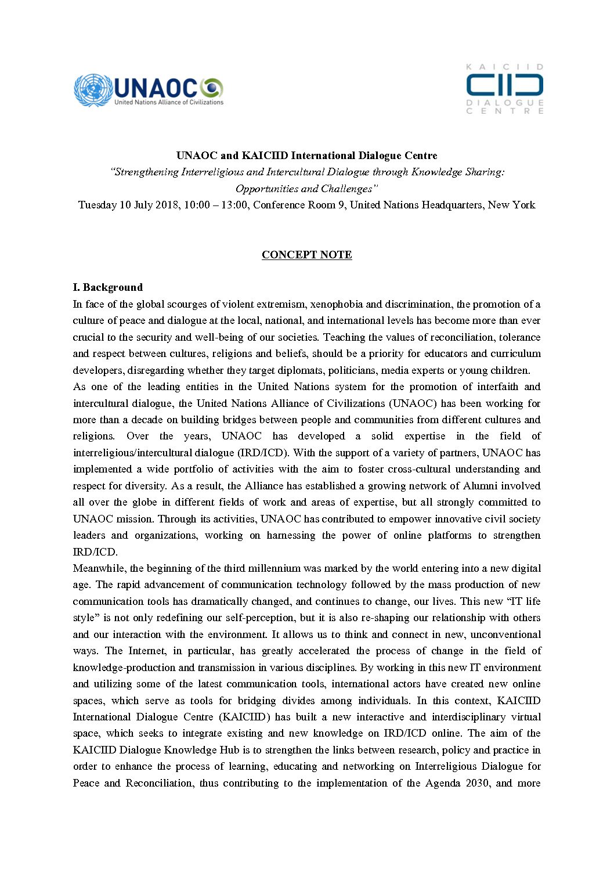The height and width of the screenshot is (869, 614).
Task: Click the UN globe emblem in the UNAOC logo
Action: tap(92, 91)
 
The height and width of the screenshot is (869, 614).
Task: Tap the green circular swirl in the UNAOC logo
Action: tap(212, 88)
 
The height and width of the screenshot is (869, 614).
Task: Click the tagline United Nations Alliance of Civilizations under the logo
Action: tap(168, 102)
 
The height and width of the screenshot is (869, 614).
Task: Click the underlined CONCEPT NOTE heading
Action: tap(306, 254)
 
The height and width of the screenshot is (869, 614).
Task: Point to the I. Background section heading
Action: tap(107, 287)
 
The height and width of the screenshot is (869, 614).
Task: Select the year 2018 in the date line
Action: tap(167, 205)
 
